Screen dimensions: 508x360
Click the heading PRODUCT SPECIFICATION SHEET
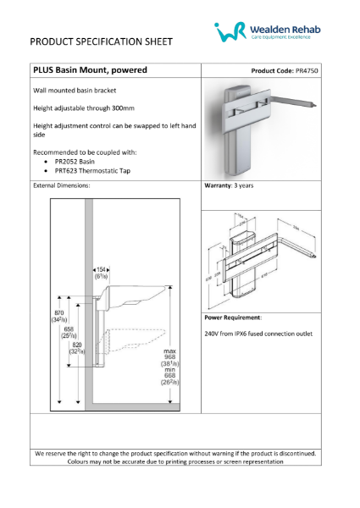click(x=101, y=41)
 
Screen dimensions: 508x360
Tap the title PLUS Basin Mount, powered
click(x=90, y=69)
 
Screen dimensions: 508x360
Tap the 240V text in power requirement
click(x=213, y=334)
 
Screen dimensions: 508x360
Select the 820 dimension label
click(x=77, y=346)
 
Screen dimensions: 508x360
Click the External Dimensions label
click(x=61, y=184)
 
